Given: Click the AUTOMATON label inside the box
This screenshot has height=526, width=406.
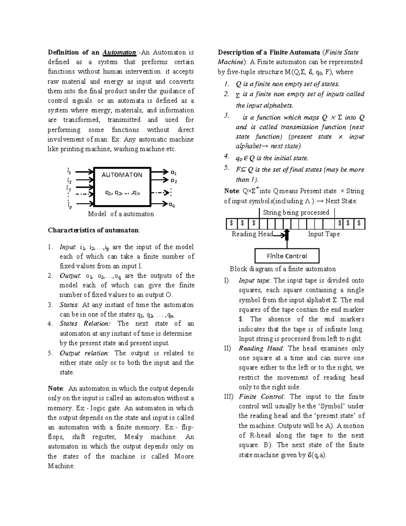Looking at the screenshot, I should pyautogui.click(x=122, y=175).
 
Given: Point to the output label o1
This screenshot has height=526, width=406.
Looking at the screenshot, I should pyautogui.click(x=174, y=172).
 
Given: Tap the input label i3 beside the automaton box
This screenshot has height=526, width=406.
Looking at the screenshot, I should pyautogui.click(x=69, y=189).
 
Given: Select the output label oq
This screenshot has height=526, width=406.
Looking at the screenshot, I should pyautogui.click(x=172, y=205).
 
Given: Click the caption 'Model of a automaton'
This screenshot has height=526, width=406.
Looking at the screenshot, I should pyautogui.click(x=121, y=214).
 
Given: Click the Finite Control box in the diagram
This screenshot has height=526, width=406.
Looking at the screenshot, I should pyautogui.click(x=287, y=256).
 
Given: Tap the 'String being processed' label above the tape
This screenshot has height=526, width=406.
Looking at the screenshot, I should pyautogui.click(x=296, y=212).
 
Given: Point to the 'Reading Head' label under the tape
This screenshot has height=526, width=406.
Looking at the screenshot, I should pyautogui.click(x=252, y=234).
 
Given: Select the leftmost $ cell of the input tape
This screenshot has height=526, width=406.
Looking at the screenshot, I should pyautogui.click(x=231, y=223).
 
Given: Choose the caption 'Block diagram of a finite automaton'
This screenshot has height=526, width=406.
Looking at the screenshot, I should pyautogui.click(x=283, y=269).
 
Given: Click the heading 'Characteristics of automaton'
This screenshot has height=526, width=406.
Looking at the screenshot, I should pyautogui.click(x=93, y=230).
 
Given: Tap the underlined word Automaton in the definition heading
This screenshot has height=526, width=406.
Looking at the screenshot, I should pyautogui.click(x=119, y=52).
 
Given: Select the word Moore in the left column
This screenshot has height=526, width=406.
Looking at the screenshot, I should pyautogui.click(x=184, y=456).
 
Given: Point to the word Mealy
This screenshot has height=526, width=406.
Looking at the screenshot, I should pyautogui.click(x=134, y=437).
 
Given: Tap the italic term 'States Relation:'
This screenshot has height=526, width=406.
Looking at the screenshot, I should pyautogui.click(x=85, y=323).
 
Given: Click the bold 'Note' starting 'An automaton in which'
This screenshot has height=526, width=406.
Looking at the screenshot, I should pyautogui.click(x=55, y=388).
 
